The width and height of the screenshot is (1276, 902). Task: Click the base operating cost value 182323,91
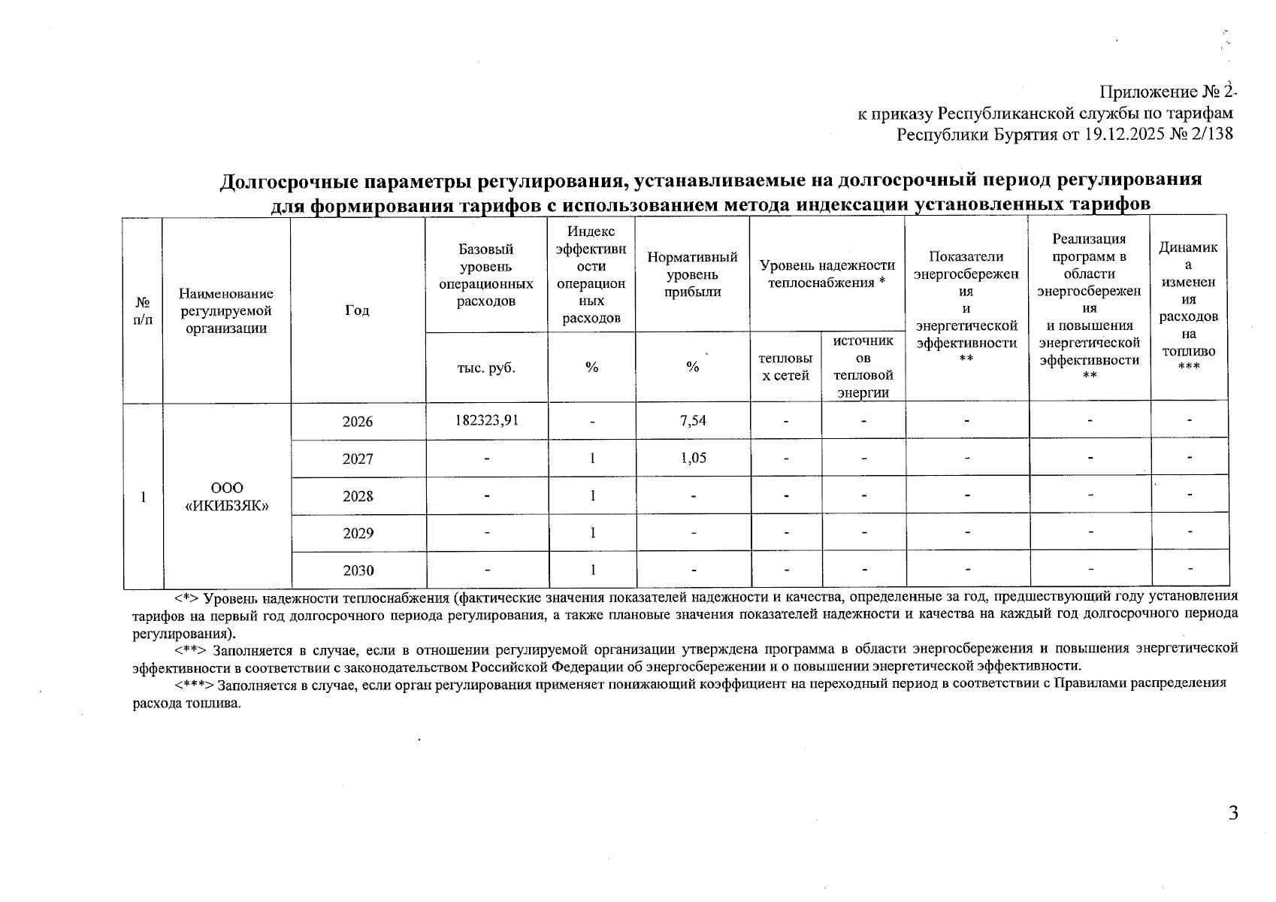coord(486,420)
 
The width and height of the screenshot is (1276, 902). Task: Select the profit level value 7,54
coord(693,420)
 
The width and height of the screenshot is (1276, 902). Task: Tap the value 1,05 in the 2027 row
coord(693,458)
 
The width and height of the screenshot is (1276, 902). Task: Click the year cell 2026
coord(358,422)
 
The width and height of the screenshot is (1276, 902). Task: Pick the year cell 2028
coord(358,496)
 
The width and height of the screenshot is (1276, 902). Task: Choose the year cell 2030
coord(358,571)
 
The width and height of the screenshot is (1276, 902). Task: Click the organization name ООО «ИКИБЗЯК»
coord(227,496)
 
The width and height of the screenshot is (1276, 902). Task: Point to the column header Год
coord(358,310)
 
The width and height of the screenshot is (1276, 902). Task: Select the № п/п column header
coord(143,310)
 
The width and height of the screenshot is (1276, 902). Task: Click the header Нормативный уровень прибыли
coord(692,274)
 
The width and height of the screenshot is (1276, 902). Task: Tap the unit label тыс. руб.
coord(486,368)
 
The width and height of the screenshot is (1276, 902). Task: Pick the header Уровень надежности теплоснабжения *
coord(827,274)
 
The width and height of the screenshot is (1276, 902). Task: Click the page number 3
coord(1232,813)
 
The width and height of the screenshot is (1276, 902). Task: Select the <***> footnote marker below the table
coord(195,683)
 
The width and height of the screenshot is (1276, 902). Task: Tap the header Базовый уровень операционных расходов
coord(486,275)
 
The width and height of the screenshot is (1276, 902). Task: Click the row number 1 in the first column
coord(143,496)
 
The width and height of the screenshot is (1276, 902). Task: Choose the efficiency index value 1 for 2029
coord(592,533)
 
